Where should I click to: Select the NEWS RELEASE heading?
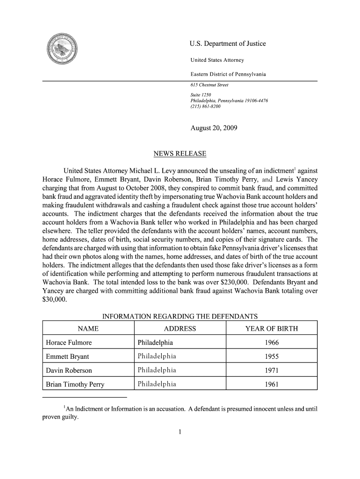pos(180,154)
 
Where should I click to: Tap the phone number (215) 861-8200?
pos(203,107)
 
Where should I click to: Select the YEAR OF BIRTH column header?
pos(271,329)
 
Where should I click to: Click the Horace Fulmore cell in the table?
pos(69,343)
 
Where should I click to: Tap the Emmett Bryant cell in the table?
pos(68,357)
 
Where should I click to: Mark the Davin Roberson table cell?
pos(69,370)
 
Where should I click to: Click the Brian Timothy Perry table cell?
pos(75,385)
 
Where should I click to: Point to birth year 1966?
pos(272,343)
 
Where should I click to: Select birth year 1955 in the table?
pos(272,357)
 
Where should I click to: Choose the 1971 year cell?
pos(272,370)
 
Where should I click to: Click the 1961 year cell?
pos(272,385)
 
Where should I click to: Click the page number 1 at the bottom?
pos(180,431)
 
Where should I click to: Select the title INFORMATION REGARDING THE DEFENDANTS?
pos(180,316)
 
